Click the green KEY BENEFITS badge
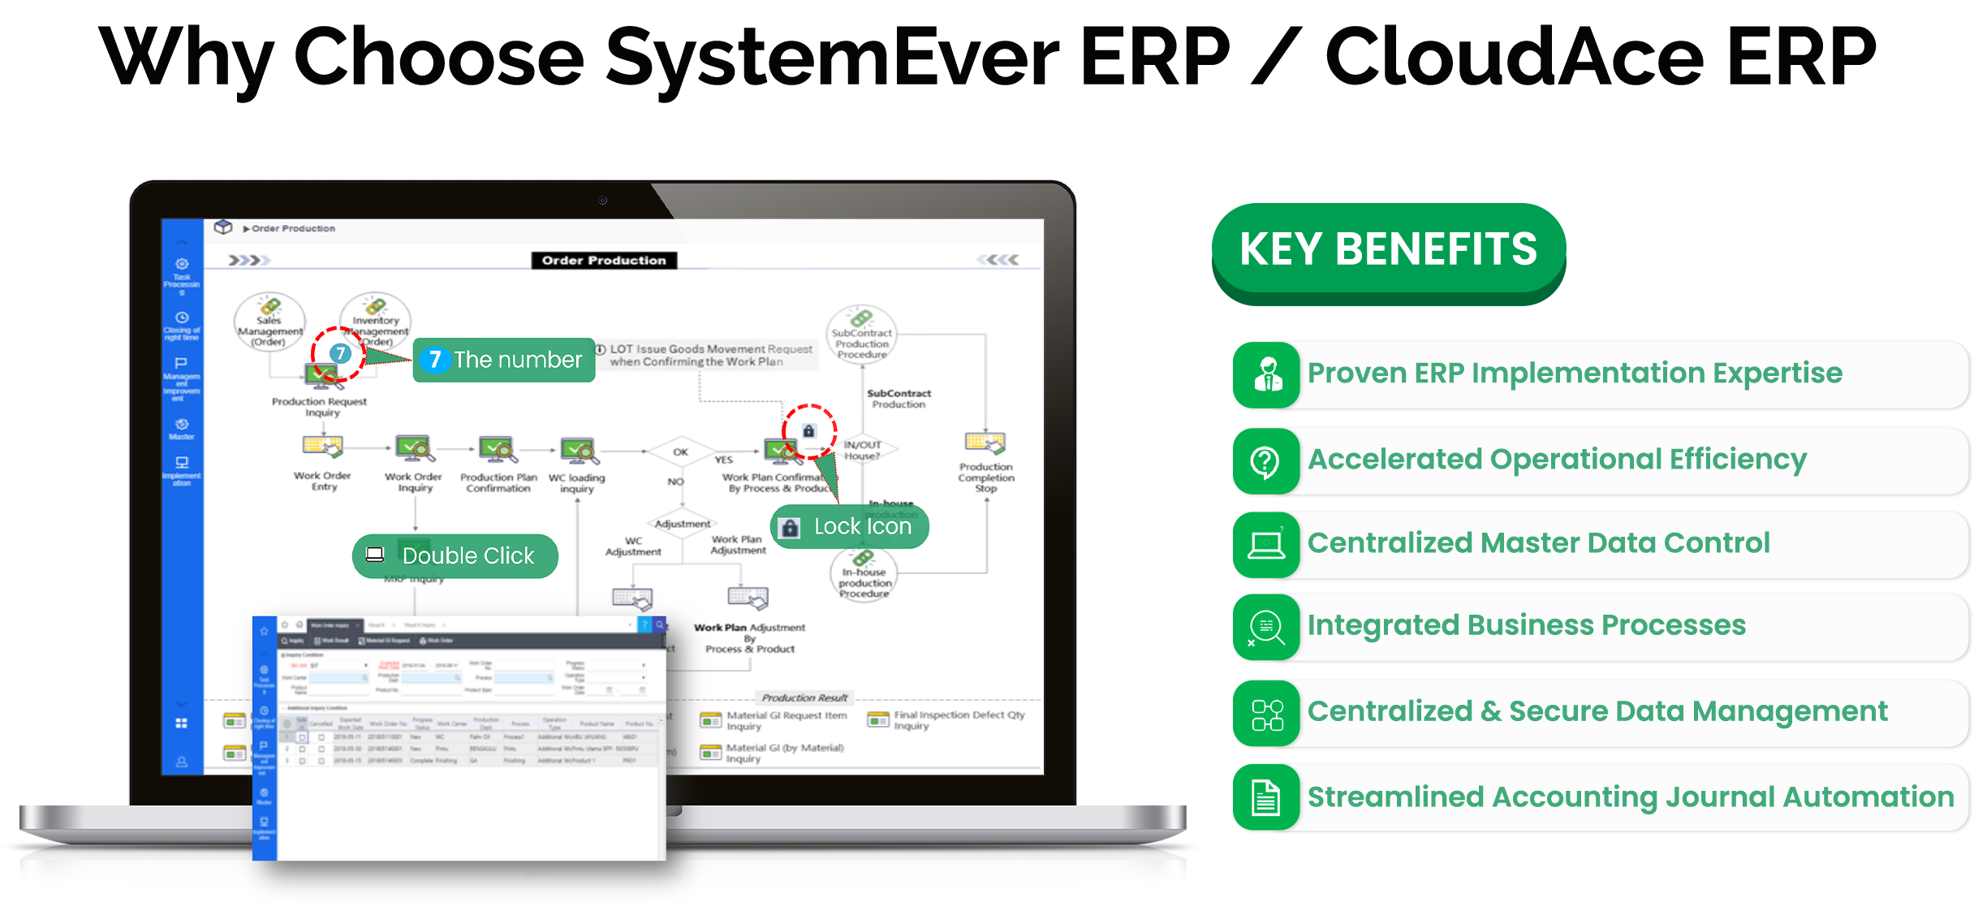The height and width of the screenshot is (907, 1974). [1388, 250]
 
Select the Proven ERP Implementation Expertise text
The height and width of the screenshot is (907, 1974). [1575, 374]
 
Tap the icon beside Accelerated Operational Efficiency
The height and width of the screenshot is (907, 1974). [1265, 461]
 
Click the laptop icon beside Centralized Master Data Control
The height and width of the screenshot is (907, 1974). [1265, 545]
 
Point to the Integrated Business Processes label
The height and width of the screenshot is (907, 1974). [1526, 625]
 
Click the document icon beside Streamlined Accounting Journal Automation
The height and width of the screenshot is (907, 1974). [1265, 797]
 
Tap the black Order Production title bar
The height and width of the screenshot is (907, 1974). [604, 261]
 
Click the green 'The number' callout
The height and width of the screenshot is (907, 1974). [504, 360]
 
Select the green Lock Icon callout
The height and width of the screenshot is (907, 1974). [849, 527]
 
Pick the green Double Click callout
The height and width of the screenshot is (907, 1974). [455, 556]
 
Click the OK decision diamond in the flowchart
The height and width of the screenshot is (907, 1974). [680, 452]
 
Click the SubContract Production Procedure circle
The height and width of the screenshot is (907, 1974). [862, 334]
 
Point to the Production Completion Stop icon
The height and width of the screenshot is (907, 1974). [985, 443]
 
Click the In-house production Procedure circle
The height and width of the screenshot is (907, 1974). [864, 576]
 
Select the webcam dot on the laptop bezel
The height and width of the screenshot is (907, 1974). [602, 201]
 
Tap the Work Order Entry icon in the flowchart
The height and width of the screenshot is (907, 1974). [323, 447]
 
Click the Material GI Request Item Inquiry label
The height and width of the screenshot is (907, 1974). [786, 720]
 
